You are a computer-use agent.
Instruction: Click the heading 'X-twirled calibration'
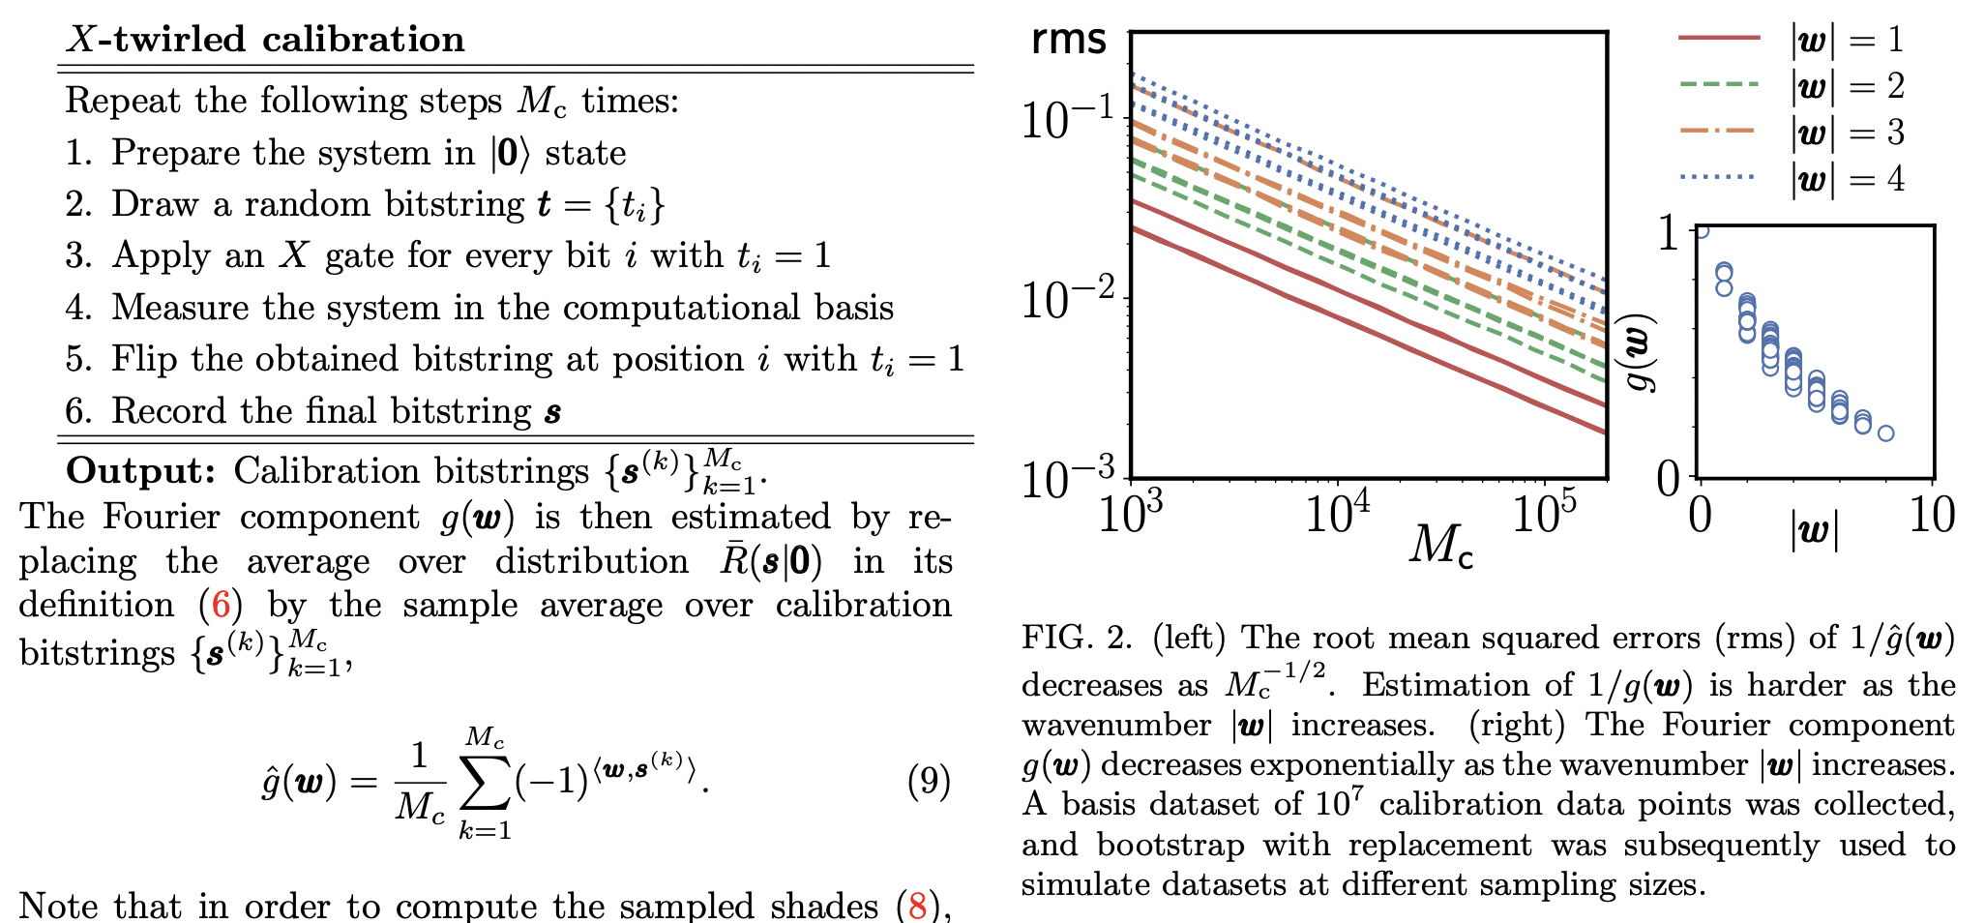point(265,40)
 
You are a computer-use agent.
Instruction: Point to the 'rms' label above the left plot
point(1068,40)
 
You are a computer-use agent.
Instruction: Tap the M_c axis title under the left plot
point(1440,547)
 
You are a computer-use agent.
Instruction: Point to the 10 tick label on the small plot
point(1932,516)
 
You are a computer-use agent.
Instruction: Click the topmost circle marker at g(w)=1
point(1701,229)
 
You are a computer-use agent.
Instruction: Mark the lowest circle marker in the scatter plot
point(1885,433)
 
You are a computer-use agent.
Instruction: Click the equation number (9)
point(929,780)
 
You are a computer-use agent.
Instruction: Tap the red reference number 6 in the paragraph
point(221,606)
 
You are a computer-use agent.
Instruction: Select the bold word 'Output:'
point(141,471)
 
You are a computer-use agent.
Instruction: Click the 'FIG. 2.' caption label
point(1077,638)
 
